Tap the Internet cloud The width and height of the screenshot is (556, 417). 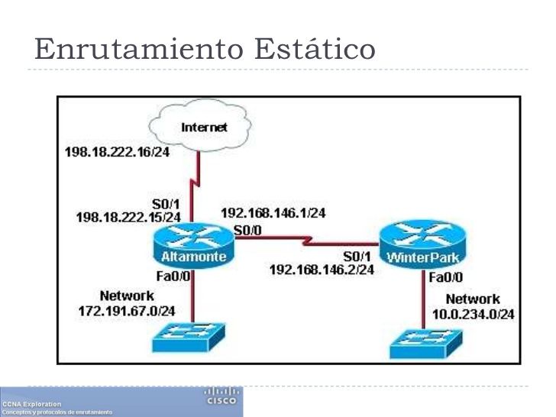coord(202,128)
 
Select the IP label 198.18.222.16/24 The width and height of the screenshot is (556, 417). coord(115,152)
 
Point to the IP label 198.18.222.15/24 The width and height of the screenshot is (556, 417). coord(128,218)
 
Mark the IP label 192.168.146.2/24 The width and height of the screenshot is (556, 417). coord(322,269)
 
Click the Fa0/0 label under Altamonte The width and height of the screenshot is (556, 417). coord(176,276)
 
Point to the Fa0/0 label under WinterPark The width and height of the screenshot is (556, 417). coord(445,276)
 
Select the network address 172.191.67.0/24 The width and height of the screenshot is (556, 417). coord(127,310)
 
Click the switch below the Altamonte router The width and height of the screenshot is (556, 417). coord(195,335)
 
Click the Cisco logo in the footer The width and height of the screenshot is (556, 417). coord(222,396)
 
